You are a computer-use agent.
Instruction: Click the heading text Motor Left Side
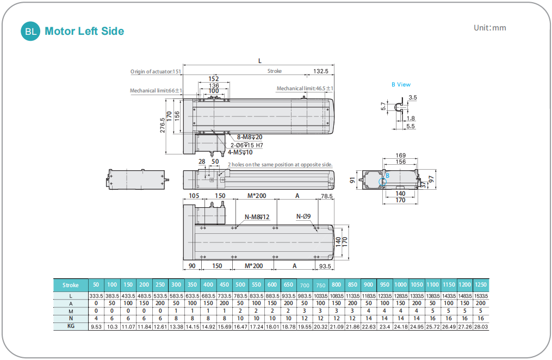(x=84, y=31)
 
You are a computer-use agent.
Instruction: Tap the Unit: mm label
(x=489, y=28)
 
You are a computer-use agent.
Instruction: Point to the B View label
(x=401, y=84)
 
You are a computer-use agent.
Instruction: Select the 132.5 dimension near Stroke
(x=321, y=71)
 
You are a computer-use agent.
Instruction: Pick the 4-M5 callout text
(x=240, y=152)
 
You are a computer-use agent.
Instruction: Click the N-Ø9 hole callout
(x=303, y=216)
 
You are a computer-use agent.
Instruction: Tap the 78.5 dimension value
(x=327, y=196)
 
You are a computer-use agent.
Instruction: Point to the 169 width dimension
(x=400, y=156)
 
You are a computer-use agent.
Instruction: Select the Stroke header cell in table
(x=71, y=285)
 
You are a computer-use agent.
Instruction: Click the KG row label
(x=71, y=327)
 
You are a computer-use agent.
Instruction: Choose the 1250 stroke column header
(x=481, y=285)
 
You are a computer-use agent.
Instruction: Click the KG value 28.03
(x=481, y=327)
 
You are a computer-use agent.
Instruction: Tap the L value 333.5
(x=96, y=295)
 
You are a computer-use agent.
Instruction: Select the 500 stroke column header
(x=240, y=285)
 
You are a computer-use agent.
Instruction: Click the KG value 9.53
(x=96, y=327)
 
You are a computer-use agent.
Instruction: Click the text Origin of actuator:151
(x=156, y=71)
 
